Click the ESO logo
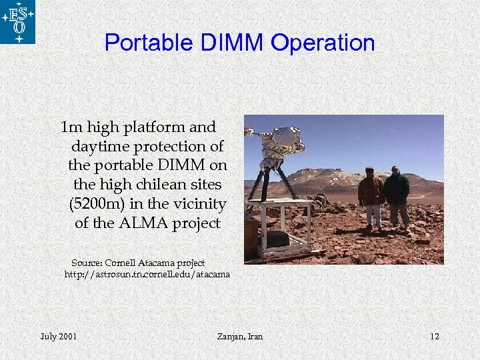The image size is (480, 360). point(17,22)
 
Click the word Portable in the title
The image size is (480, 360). point(143,43)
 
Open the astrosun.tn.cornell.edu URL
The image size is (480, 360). point(147,274)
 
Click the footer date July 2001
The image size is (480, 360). point(58,336)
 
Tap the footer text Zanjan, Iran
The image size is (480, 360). point(240,336)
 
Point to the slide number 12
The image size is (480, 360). point(435,336)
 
